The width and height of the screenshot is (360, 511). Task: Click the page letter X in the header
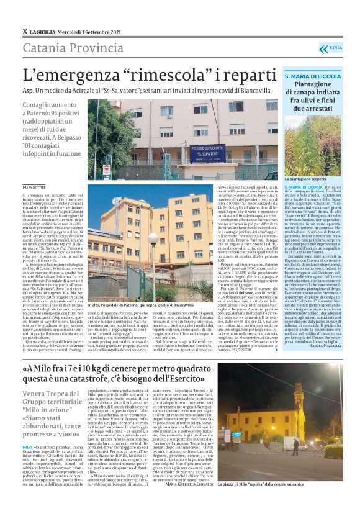pos(25,31)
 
